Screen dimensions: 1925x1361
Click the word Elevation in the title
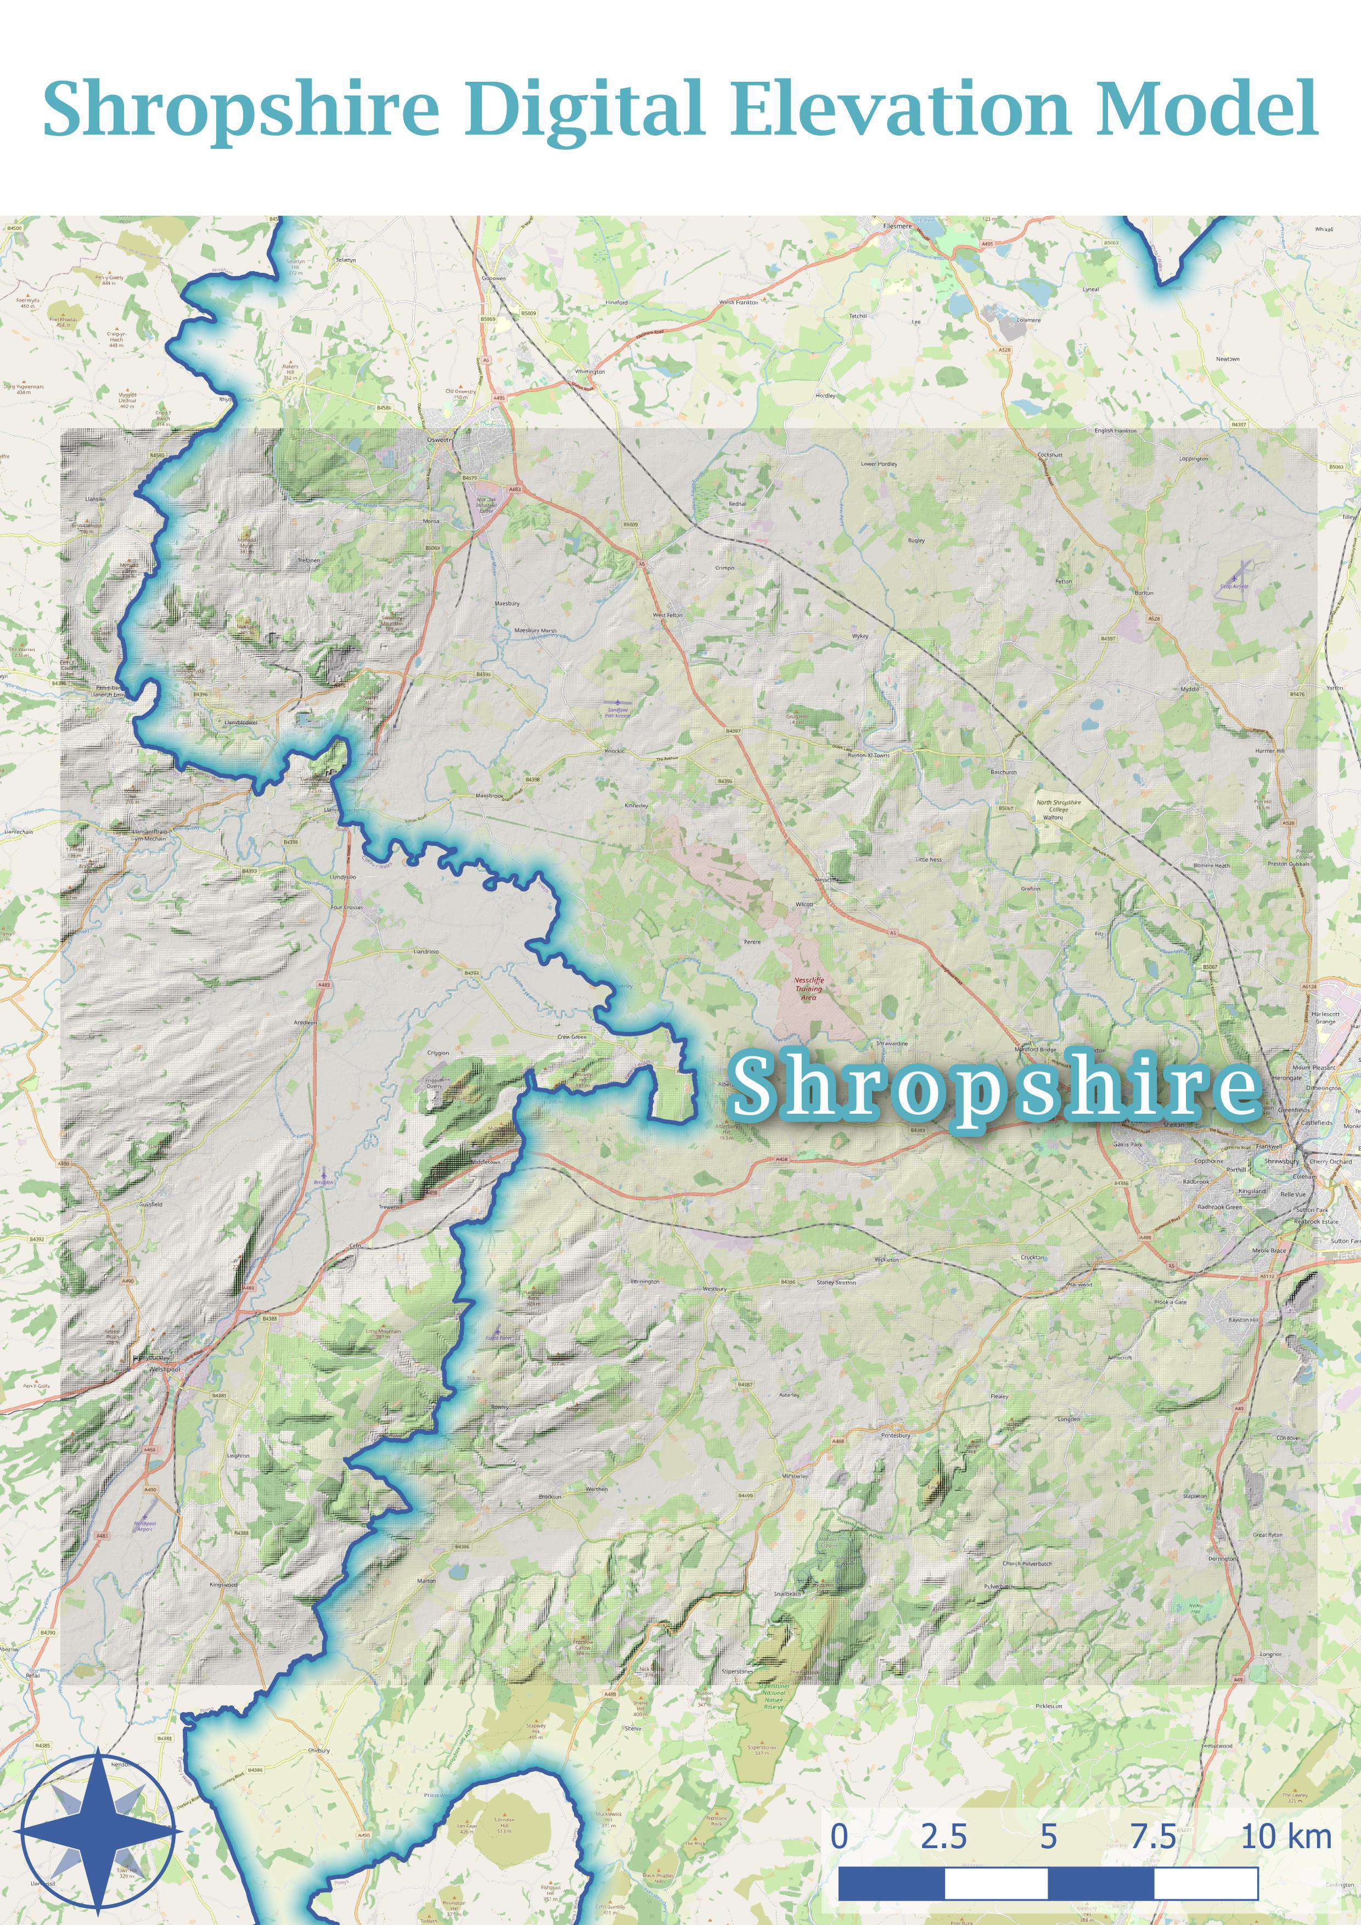[901, 109]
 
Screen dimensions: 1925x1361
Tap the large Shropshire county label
[995, 1087]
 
